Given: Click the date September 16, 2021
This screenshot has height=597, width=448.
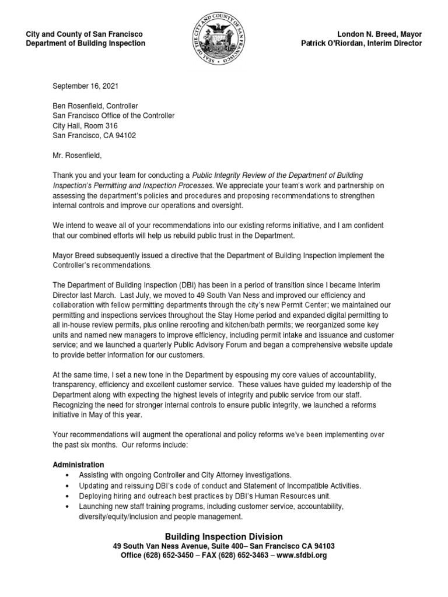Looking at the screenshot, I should pos(85,86).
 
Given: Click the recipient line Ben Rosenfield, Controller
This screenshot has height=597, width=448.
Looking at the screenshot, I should pos(95,106).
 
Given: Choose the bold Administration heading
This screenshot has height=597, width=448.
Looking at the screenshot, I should pos(79,465).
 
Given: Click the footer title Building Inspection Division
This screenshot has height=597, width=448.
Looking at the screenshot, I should pos(224,536).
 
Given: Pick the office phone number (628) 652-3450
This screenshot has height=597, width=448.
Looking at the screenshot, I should pos(169,556).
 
